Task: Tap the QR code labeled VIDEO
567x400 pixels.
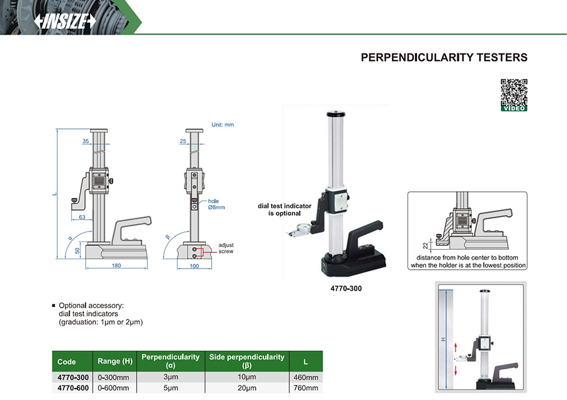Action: [x=513, y=94]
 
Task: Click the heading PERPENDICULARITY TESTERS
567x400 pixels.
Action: [x=444, y=57]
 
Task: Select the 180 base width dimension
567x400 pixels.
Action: [x=117, y=266]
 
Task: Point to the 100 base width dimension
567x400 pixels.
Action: [x=194, y=266]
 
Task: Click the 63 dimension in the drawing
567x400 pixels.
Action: [x=83, y=217]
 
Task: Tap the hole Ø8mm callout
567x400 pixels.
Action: [x=216, y=204]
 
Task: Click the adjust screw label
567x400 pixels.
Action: [x=226, y=248]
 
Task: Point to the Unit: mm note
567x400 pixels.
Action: [x=222, y=125]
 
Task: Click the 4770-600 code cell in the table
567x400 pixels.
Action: [x=72, y=387]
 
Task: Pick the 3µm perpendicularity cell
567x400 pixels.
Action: [x=170, y=377]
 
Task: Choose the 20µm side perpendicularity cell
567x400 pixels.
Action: [x=246, y=387]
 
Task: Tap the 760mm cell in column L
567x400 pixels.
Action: [x=306, y=387]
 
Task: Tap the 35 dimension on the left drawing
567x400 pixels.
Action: [x=86, y=142]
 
